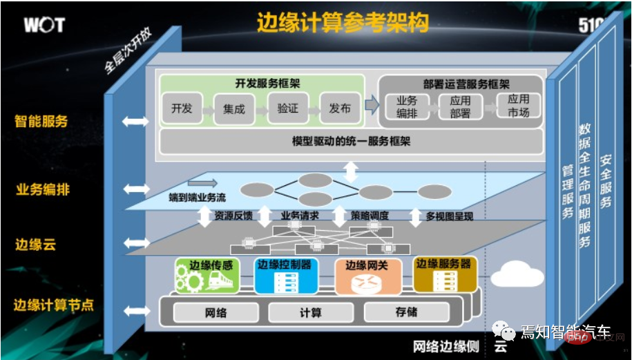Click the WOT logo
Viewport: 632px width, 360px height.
(x=44, y=25)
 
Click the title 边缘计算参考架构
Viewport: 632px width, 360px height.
(x=343, y=23)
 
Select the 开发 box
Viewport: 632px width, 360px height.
(x=182, y=108)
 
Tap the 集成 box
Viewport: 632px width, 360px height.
(x=234, y=109)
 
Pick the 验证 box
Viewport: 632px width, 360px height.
(x=287, y=108)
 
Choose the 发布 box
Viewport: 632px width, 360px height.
(x=340, y=108)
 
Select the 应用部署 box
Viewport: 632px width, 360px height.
(x=459, y=107)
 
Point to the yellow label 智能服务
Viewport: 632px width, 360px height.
(x=41, y=121)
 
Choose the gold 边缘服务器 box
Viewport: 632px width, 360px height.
(x=446, y=274)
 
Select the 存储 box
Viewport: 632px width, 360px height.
(x=406, y=312)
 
